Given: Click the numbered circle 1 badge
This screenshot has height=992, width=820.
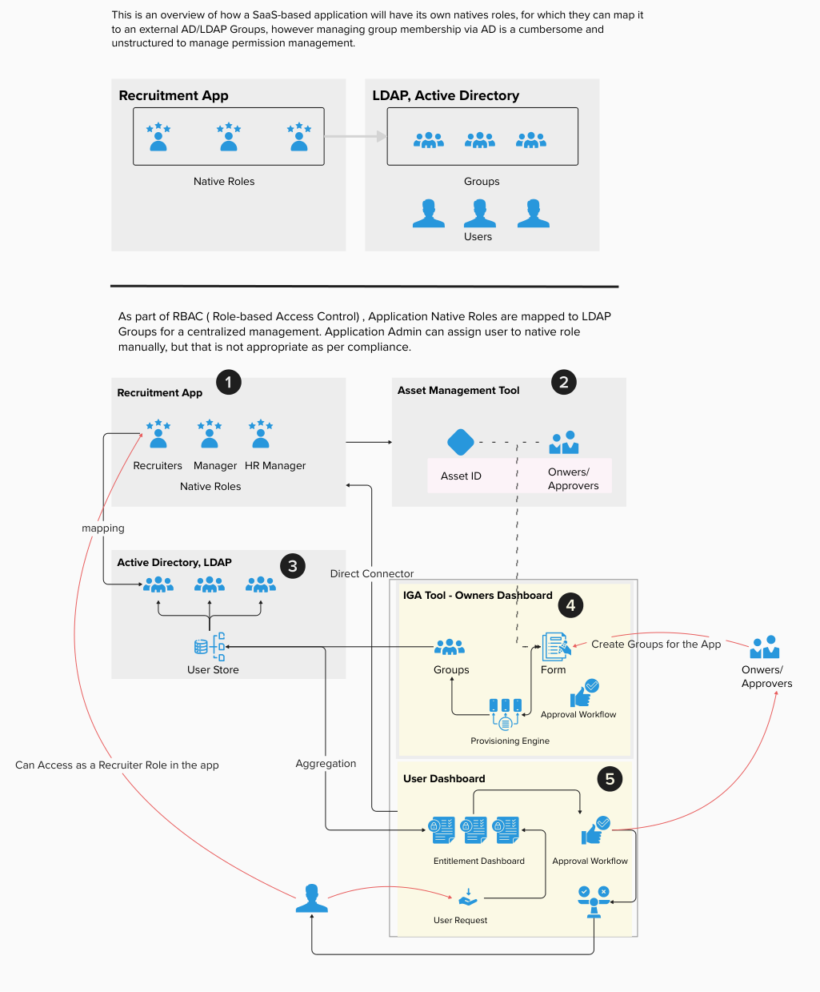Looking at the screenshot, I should tap(228, 382).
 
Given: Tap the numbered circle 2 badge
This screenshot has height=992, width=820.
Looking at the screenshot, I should tap(564, 382).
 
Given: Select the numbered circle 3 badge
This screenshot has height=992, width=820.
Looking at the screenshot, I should tap(292, 566).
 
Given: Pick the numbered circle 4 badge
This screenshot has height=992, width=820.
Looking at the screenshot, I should tap(570, 605).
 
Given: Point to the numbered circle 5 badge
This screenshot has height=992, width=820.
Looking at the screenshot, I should tap(610, 779).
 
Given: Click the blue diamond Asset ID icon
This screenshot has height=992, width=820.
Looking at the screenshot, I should tap(460, 442).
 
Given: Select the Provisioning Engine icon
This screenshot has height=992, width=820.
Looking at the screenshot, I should tap(506, 713).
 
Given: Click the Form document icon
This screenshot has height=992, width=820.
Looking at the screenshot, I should tap(554, 646).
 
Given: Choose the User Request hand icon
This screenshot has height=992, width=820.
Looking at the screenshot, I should tap(467, 898).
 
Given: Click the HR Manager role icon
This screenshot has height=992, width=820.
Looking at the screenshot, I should tap(261, 434).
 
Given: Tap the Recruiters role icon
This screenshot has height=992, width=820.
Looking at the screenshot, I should tap(158, 434).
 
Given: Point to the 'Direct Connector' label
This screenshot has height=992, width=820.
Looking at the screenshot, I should tap(372, 573).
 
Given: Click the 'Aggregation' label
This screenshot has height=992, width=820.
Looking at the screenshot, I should tap(326, 764).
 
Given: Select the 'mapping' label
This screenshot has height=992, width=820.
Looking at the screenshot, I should tap(103, 528).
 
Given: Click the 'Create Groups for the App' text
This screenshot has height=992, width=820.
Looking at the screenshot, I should tap(656, 644).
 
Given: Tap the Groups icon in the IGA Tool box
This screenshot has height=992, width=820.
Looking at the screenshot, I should tap(450, 647).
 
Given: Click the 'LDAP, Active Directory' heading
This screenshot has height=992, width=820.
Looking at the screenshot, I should tap(446, 95).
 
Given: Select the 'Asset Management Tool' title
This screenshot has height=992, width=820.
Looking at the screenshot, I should tap(458, 391).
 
